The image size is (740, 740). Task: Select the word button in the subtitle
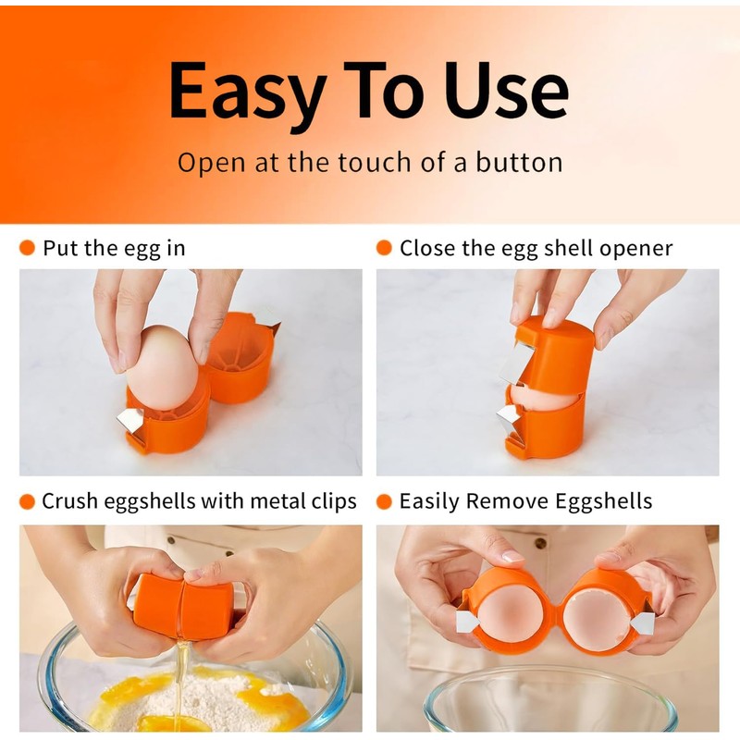(x=519, y=163)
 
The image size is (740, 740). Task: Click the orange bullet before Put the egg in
(x=27, y=248)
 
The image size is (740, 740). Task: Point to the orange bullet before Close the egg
(x=384, y=248)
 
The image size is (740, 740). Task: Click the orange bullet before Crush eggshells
(x=27, y=501)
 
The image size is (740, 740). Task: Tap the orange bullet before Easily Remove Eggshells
(x=384, y=501)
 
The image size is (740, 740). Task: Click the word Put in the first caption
(x=59, y=248)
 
